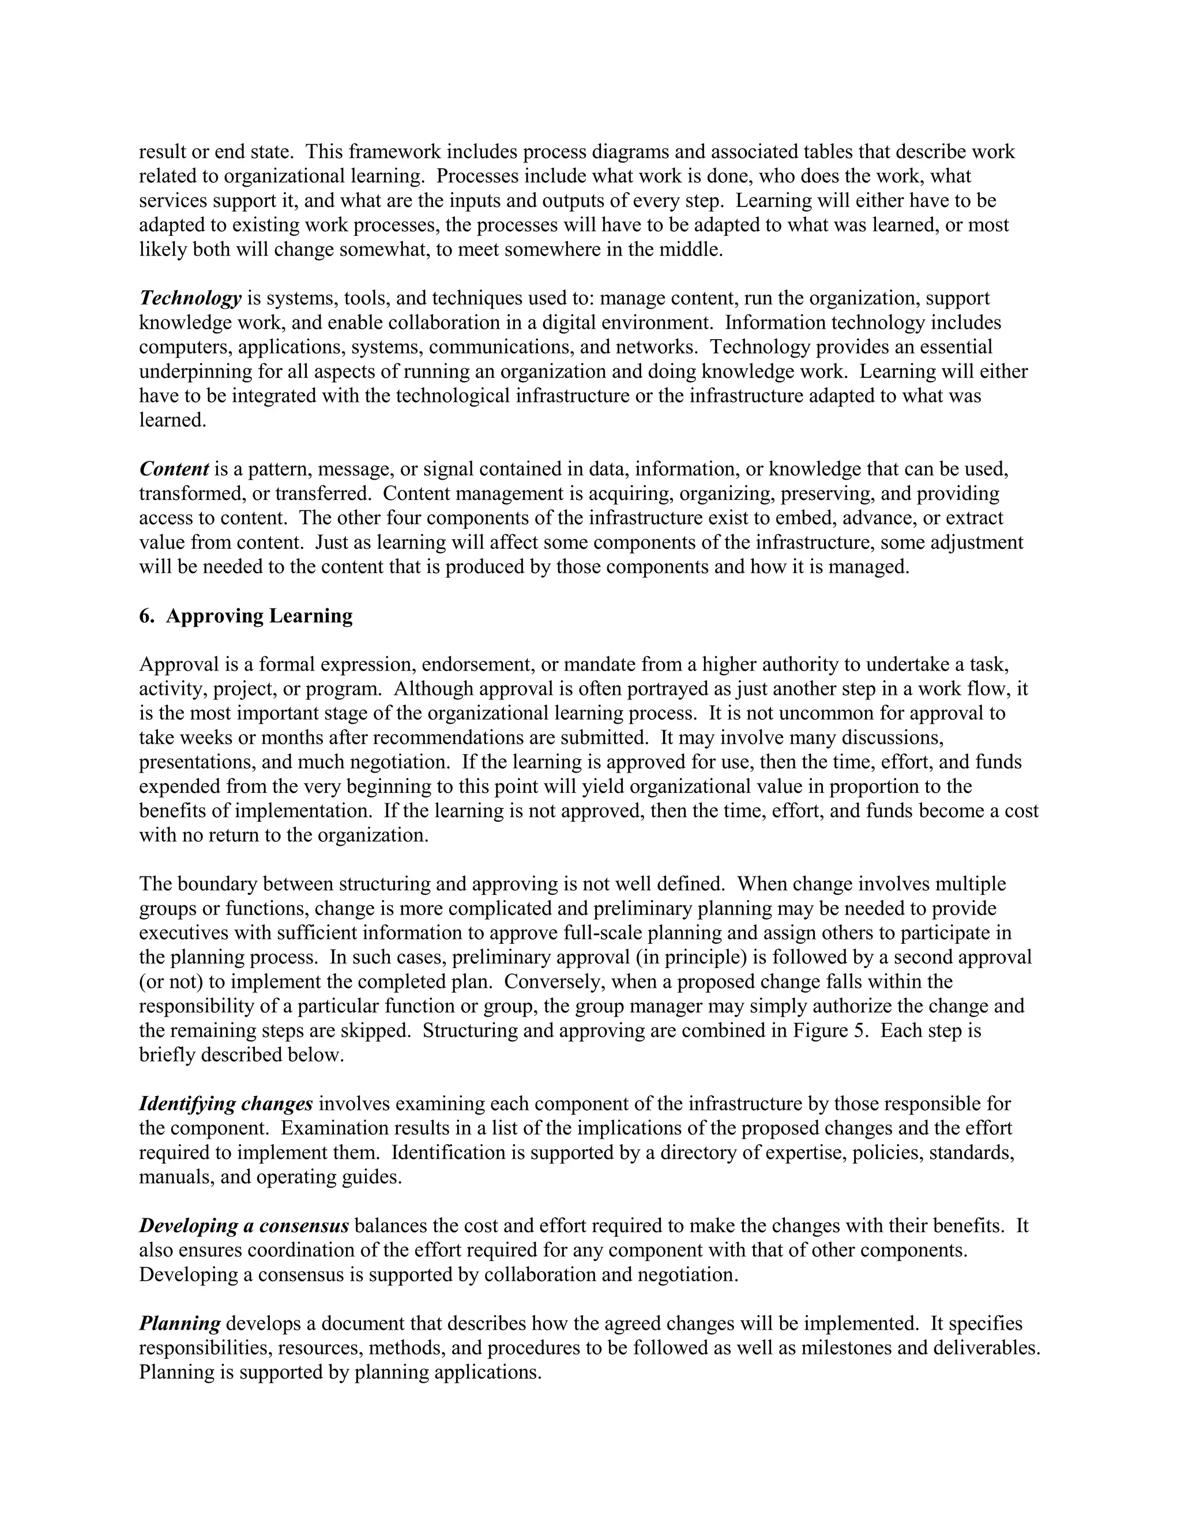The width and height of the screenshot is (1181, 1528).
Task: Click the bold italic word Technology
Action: tap(190, 299)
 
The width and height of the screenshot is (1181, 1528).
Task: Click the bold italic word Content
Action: tap(174, 469)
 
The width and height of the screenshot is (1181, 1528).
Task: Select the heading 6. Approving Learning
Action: tap(246, 616)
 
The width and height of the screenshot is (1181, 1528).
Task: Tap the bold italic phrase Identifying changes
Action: tap(226, 1105)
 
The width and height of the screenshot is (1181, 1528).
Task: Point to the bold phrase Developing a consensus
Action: tap(243, 1226)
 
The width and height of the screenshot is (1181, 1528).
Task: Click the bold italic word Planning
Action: tap(180, 1324)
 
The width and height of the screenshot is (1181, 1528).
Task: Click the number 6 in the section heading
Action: tap(144, 616)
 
